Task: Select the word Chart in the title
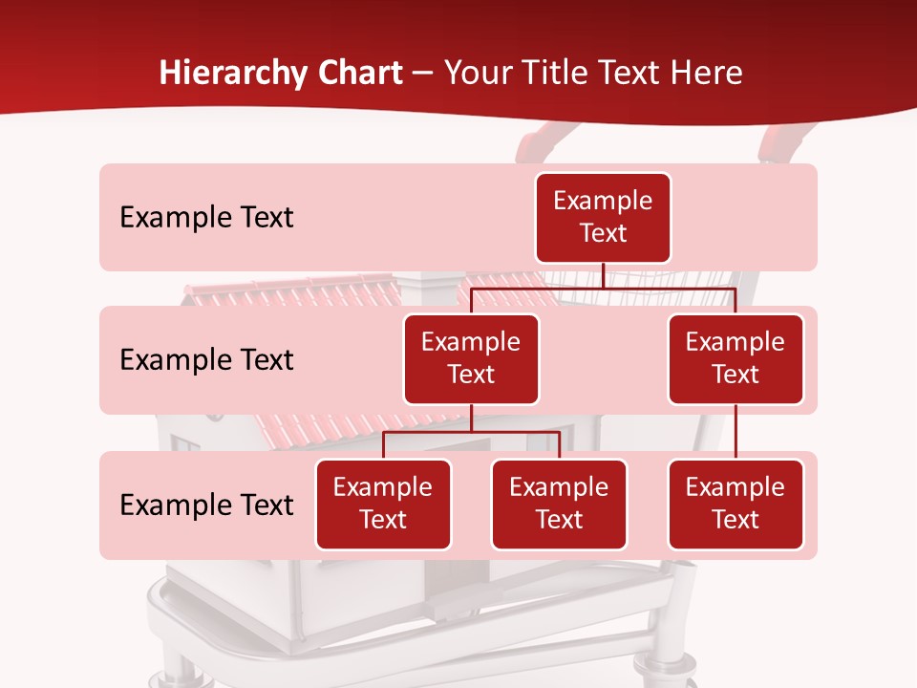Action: [359, 73]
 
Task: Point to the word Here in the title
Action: [708, 73]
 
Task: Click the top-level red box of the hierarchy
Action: [603, 218]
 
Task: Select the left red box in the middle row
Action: [471, 358]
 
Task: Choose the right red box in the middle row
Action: [736, 358]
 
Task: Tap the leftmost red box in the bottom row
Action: [383, 504]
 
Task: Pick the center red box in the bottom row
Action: [559, 504]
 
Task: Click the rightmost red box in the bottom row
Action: [736, 504]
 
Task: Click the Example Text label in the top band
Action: [206, 218]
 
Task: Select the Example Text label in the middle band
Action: [206, 359]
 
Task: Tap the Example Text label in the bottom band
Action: [206, 505]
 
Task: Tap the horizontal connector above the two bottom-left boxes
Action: [471, 432]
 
